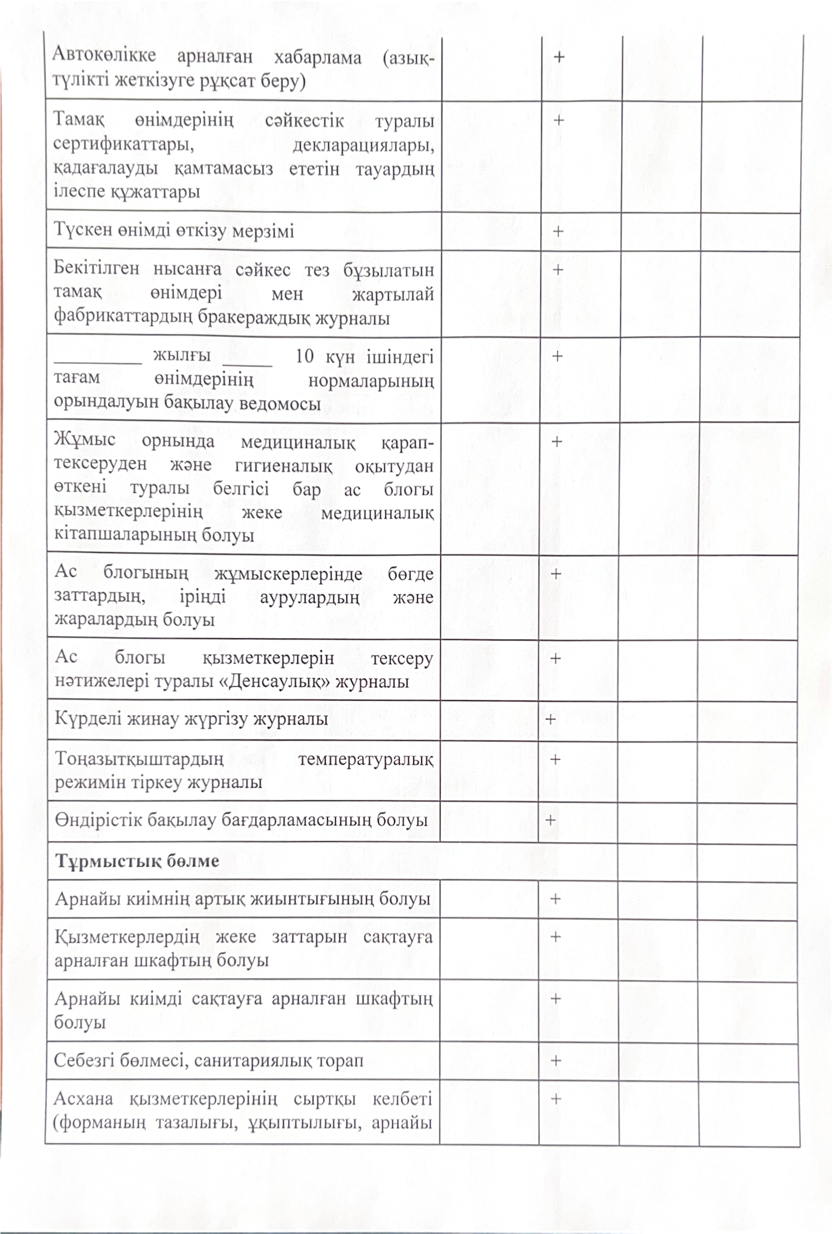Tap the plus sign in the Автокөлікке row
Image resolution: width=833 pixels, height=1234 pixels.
click(559, 57)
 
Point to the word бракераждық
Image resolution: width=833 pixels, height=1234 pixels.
click(255, 319)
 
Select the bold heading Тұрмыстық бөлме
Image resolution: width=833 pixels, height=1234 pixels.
click(137, 861)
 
